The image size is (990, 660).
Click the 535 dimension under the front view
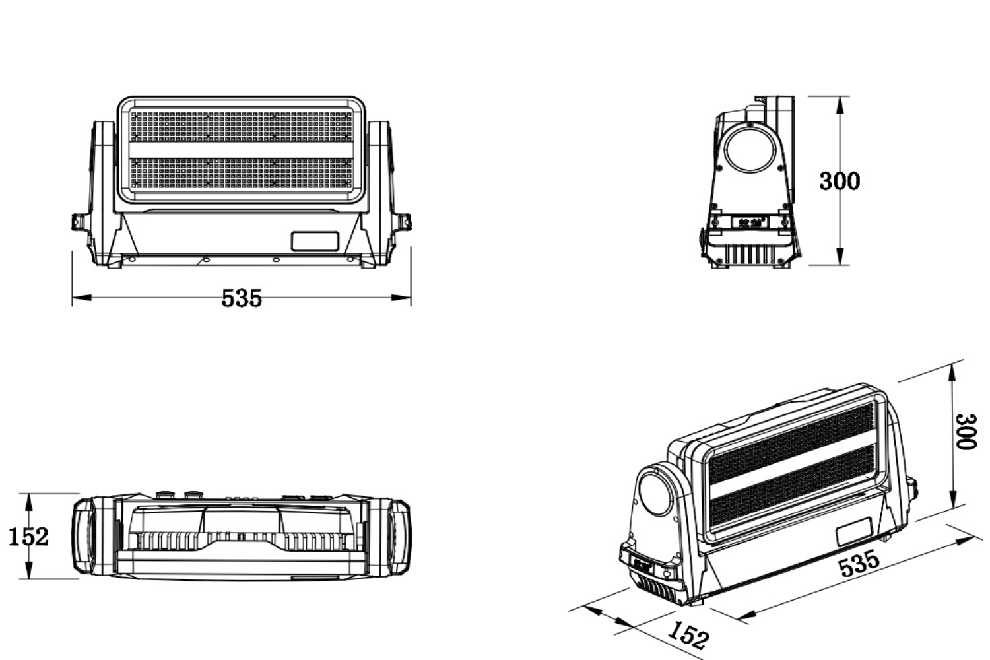242,298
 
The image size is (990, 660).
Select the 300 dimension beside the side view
840,181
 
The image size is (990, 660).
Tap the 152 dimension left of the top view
28,537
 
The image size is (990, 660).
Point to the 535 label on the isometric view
859,563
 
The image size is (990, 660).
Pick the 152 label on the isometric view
688,635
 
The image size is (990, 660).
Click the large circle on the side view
750,148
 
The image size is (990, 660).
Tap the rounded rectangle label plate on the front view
315,242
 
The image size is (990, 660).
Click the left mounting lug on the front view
80,222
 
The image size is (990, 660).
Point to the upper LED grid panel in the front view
242,126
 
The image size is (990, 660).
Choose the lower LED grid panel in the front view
242,174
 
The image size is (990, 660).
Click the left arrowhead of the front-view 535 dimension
82,298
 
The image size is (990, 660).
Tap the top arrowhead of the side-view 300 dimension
840,106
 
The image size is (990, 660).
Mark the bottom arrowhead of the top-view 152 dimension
29,570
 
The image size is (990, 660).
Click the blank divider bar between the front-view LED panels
242,150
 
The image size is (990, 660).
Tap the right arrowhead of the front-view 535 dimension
401,298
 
